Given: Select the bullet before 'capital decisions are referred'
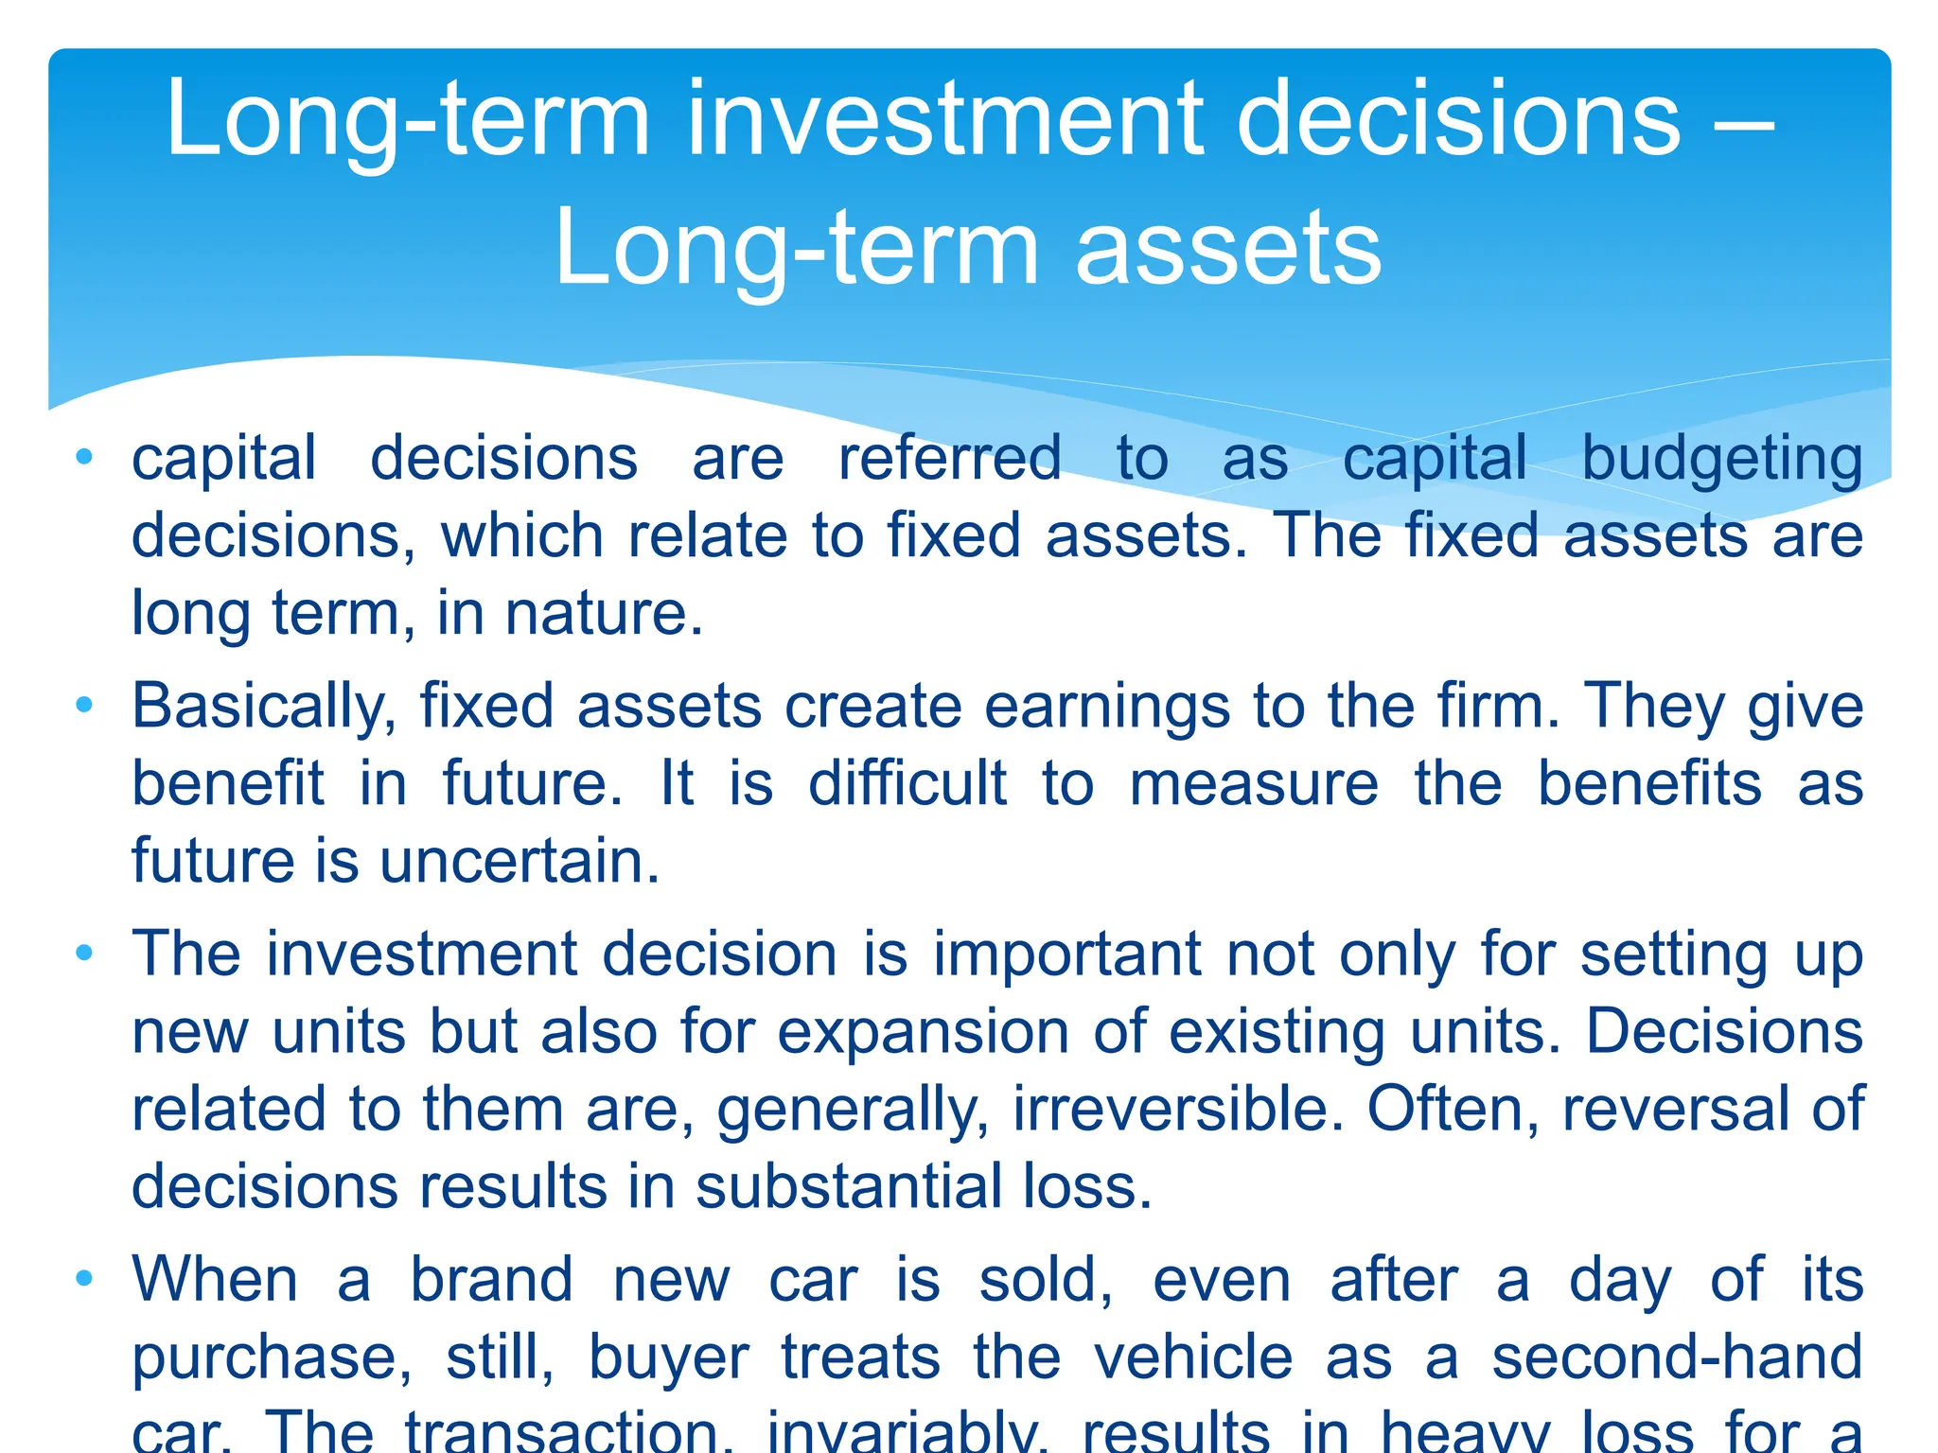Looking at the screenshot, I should [x=84, y=458].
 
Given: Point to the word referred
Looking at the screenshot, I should [x=949, y=459].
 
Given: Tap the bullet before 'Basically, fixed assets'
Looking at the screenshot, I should [x=84, y=705].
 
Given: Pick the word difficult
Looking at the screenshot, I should [x=907, y=784].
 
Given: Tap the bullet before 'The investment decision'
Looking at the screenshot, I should [x=84, y=953].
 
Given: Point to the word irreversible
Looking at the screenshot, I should [x=1178, y=1110].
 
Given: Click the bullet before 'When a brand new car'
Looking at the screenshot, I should [x=84, y=1279].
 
